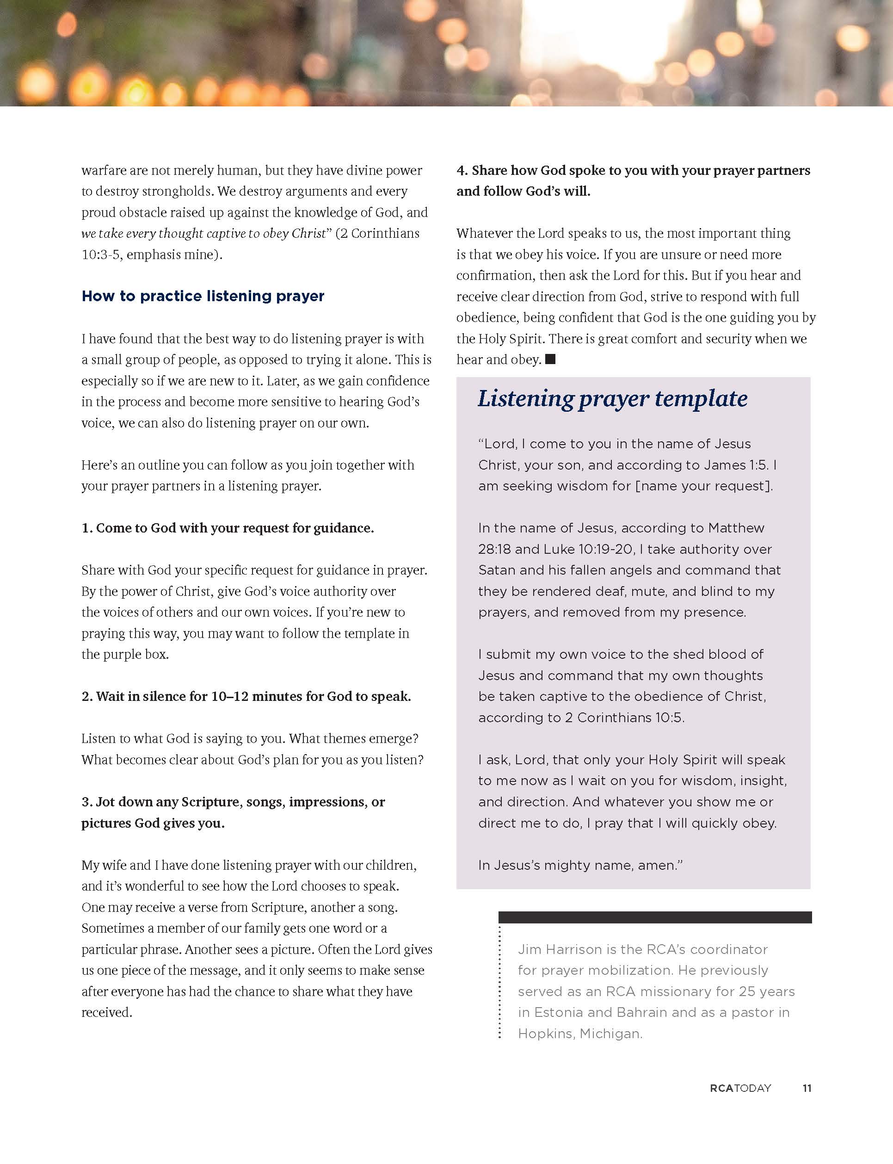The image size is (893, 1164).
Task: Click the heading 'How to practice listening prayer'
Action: (203, 296)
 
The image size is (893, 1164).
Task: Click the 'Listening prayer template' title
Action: (612, 399)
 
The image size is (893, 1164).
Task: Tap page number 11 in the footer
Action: (807, 1088)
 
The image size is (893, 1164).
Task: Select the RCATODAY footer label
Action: (740, 1088)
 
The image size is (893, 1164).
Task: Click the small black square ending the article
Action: (550, 359)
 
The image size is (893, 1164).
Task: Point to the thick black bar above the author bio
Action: (654, 917)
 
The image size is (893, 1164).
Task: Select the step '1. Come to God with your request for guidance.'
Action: (228, 528)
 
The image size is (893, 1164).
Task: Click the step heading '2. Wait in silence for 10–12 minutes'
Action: (246, 697)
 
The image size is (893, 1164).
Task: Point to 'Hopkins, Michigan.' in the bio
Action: (580, 1034)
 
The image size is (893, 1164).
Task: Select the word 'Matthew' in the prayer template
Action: (736, 528)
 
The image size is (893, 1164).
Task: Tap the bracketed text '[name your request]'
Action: (704, 486)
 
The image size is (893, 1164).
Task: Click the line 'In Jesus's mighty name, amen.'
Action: (580, 865)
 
